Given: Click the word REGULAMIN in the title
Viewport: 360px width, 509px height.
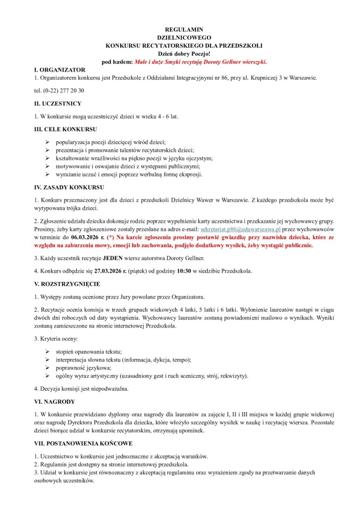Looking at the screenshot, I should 184,29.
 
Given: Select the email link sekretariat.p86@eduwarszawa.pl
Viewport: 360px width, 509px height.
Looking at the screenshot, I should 240,229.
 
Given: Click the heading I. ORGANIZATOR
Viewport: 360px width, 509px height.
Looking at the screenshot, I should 59,70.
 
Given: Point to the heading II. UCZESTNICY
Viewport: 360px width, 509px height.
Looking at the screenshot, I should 58,103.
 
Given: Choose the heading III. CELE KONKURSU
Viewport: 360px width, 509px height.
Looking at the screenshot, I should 66,129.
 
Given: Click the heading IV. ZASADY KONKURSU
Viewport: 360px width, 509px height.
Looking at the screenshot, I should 69,187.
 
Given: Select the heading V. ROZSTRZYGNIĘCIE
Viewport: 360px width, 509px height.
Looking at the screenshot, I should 67,284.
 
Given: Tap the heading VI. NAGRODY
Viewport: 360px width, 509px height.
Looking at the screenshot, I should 55,402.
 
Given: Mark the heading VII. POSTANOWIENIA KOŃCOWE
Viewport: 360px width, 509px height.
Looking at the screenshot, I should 83,444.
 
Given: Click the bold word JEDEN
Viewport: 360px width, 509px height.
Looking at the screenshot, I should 113,258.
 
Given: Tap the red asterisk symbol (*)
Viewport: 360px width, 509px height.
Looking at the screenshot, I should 110,237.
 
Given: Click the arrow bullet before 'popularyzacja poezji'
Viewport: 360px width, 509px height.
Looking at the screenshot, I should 47,142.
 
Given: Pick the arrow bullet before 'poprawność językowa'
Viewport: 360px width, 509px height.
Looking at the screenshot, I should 47,368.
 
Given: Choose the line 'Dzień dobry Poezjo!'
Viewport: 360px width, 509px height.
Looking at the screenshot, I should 184,54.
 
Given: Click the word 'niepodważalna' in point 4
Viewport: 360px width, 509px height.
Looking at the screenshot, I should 111,389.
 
